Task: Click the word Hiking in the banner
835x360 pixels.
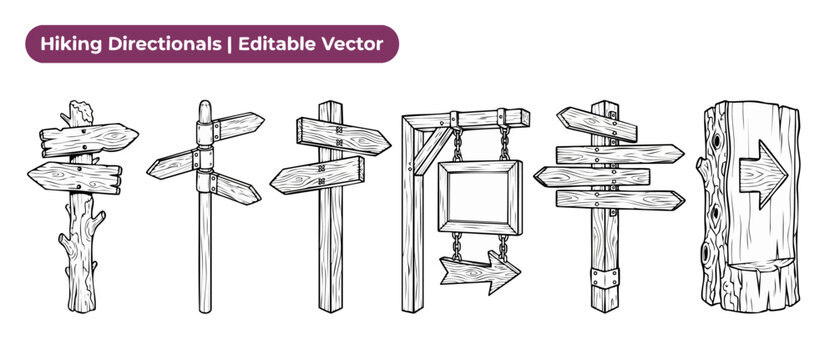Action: click(x=71, y=44)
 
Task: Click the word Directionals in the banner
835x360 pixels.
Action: click(x=164, y=44)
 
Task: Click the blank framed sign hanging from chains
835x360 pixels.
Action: click(x=480, y=197)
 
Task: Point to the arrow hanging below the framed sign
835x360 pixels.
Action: click(x=480, y=272)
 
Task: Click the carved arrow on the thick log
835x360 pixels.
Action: click(x=763, y=174)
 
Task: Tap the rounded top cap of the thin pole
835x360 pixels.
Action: click(x=205, y=111)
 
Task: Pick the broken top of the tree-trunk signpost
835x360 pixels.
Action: click(x=80, y=111)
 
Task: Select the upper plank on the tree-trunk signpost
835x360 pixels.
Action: click(x=89, y=140)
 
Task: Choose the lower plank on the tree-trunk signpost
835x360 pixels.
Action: click(x=75, y=178)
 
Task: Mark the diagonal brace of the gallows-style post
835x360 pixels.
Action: click(x=432, y=151)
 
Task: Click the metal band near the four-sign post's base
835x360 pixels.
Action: click(x=605, y=277)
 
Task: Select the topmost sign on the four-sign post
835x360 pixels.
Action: click(x=596, y=124)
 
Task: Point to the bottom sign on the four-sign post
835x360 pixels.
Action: click(x=620, y=200)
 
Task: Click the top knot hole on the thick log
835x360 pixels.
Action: click(x=716, y=142)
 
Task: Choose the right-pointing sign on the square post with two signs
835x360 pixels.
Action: click(x=344, y=136)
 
